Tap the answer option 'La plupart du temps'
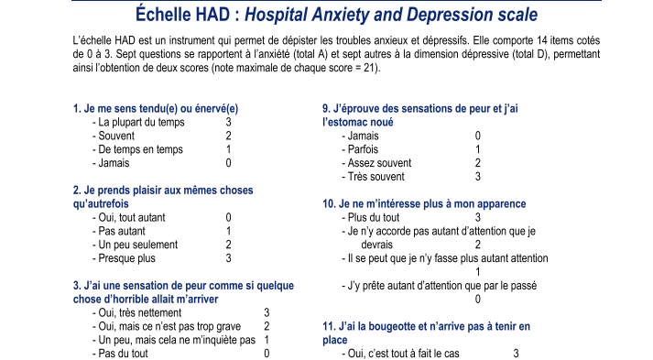click(141, 122)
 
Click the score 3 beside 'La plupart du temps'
click(228, 122)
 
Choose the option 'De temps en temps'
click(139, 149)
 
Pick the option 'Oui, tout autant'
click(133, 217)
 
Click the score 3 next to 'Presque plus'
click(228, 258)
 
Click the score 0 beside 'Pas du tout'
click(267, 354)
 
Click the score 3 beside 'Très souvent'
click(477, 177)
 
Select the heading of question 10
click(423, 203)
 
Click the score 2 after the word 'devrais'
click(477, 245)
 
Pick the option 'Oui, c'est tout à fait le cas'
click(399, 354)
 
